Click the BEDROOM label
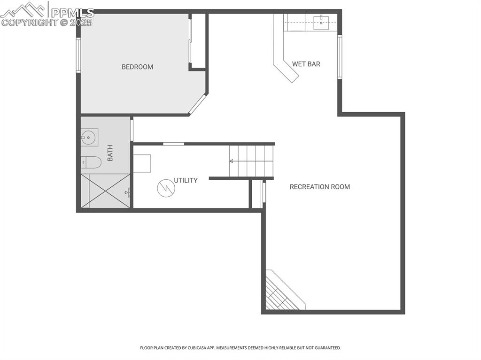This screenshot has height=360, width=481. tap(137, 67)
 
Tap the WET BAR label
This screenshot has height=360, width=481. tap(306, 64)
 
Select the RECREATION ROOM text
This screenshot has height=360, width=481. tap(319, 187)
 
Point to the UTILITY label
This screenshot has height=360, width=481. tap(186, 180)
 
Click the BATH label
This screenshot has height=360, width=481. tap(110, 153)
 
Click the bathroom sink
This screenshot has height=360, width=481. tap(88, 138)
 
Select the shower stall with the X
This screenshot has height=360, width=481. tap(105, 191)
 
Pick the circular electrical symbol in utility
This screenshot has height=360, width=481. tap(166, 188)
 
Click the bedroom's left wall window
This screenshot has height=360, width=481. tap(78, 55)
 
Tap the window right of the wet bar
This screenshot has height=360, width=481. tap(339, 57)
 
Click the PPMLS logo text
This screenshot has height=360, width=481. tap(72, 13)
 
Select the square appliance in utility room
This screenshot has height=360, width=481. tap(142, 163)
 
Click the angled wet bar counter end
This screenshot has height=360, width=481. tap(287, 71)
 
